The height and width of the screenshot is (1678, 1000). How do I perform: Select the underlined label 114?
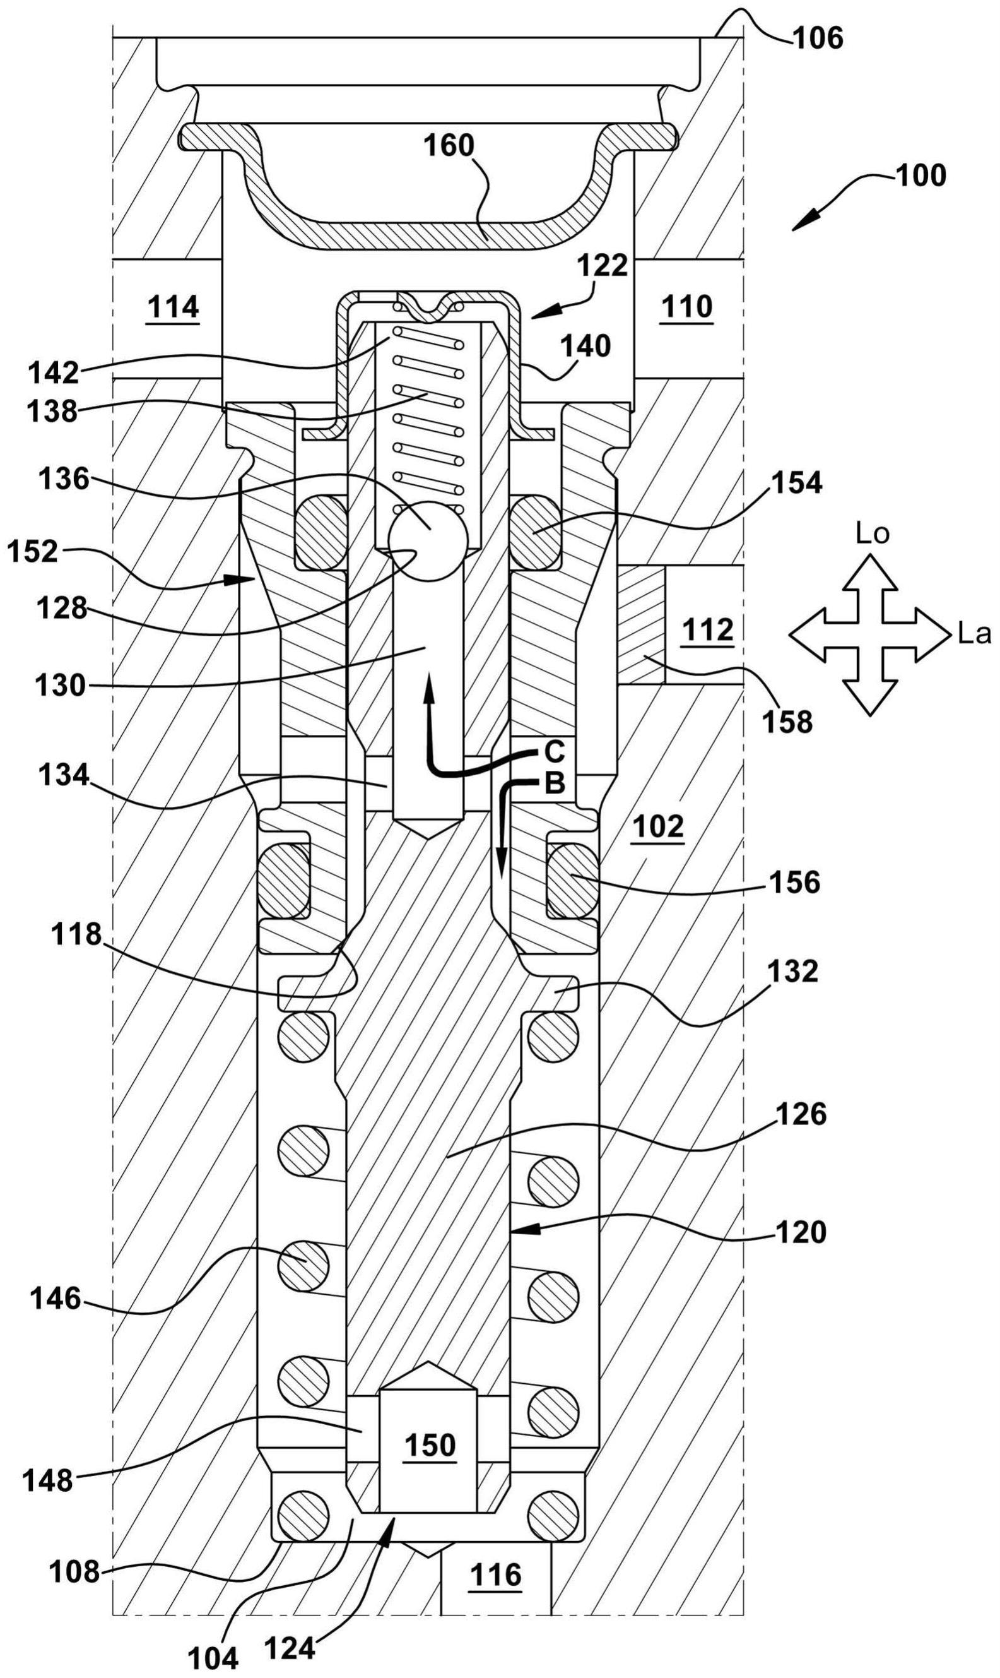click(173, 309)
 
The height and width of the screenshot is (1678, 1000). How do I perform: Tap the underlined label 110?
click(687, 307)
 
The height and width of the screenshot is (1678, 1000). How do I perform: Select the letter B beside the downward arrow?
click(555, 783)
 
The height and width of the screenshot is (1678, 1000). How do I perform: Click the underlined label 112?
click(707, 629)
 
